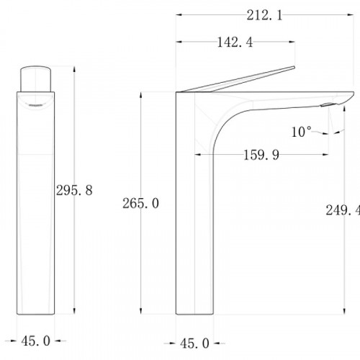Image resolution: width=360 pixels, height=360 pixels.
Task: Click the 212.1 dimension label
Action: pyautogui.click(x=264, y=16)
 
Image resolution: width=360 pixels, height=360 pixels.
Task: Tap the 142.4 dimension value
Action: pyautogui.click(x=235, y=42)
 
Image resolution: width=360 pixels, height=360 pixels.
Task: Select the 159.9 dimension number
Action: pyautogui.click(x=261, y=155)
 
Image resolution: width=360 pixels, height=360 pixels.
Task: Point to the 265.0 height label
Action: pyautogui.click(x=140, y=203)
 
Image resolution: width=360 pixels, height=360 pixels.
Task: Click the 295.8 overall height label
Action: pyautogui.click(x=74, y=191)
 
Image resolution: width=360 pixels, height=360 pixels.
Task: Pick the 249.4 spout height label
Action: pyautogui.click(x=343, y=210)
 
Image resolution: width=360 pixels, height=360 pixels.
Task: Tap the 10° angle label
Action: pyautogui.click(x=301, y=132)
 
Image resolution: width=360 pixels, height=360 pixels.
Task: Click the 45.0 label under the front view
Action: pyautogui.click(x=36, y=341)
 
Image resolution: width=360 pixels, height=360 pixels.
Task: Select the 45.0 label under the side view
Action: pyautogui.click(x=194, y=343)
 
